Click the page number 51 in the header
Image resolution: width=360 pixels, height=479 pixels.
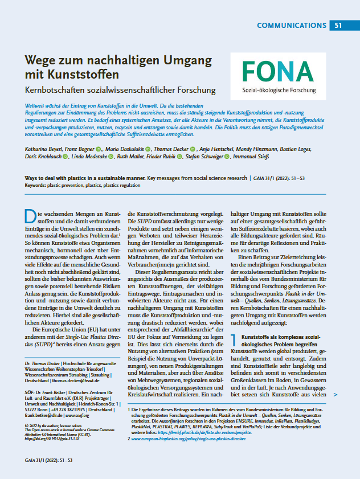[x=338, y=25]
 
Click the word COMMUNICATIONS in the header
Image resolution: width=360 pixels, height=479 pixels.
[x=291, y=25]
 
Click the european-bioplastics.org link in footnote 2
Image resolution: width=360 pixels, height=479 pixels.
[x=191, y=439]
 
